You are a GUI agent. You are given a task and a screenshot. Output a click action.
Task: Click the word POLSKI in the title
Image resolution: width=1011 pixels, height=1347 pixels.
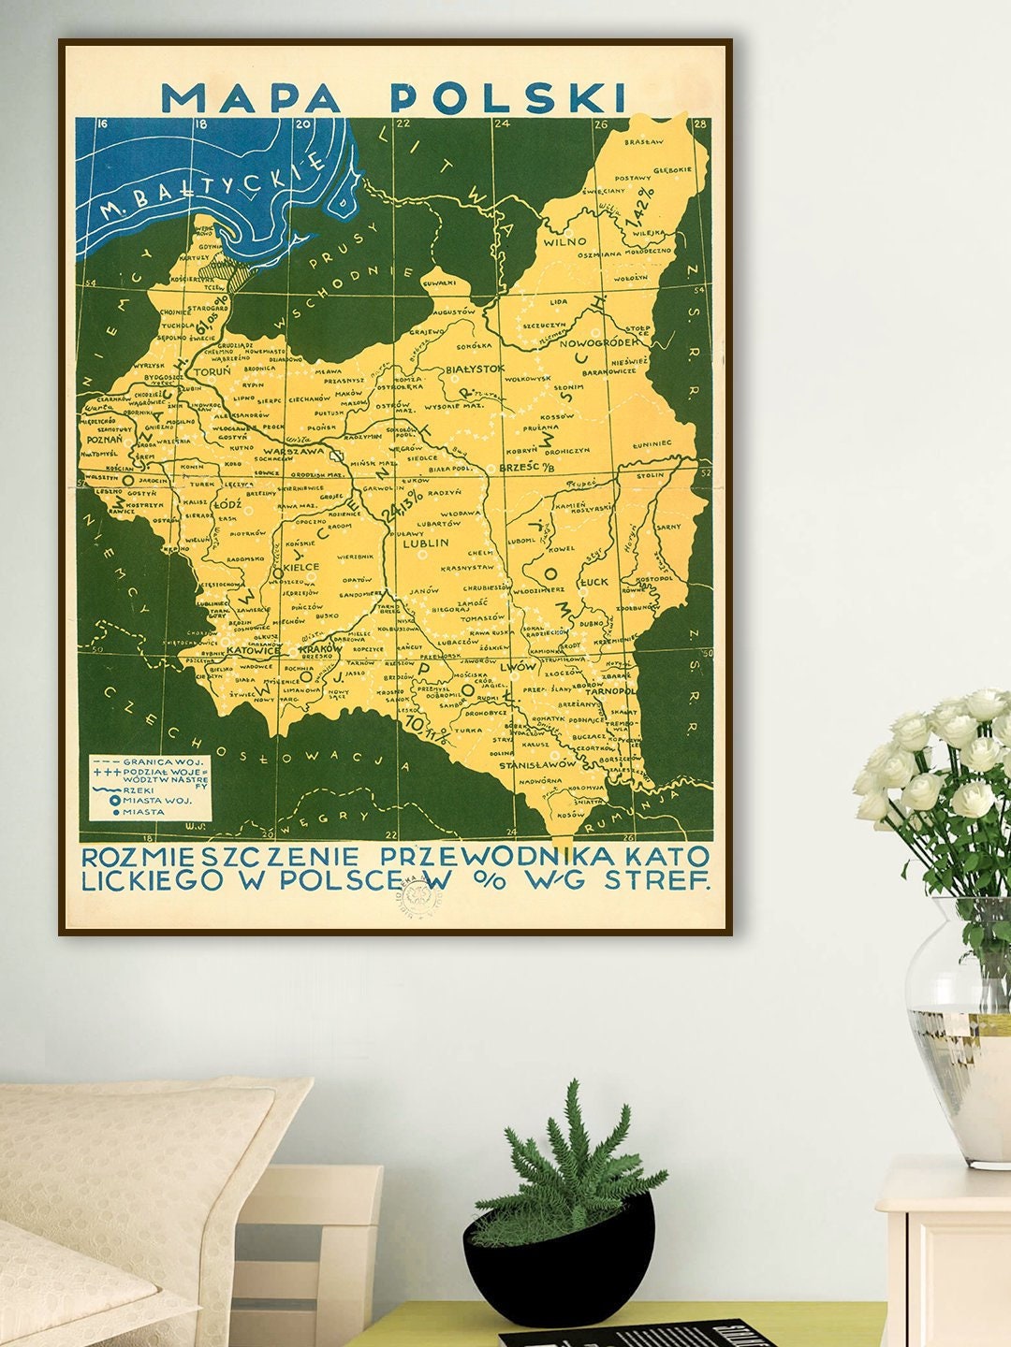507,96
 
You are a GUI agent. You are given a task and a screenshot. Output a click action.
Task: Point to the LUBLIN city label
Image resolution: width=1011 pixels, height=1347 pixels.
425,542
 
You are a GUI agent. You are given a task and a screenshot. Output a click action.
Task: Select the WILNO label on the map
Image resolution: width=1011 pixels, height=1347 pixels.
564,240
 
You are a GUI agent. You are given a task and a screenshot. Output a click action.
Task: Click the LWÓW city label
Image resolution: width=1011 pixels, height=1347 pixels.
518,667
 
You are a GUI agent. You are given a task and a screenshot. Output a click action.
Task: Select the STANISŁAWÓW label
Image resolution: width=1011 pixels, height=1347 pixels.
535,764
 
